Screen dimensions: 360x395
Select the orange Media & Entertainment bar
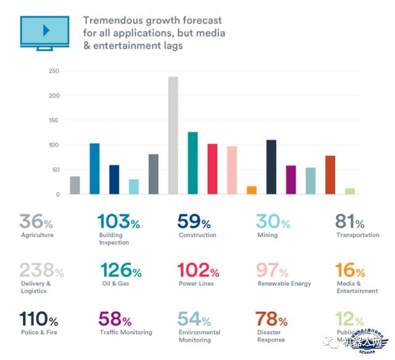[252, 190]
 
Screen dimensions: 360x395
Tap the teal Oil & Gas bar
[193, 163]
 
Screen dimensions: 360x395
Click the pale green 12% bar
[350, 191]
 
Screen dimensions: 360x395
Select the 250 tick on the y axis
[54, 72]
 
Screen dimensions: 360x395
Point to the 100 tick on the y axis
[54, 145]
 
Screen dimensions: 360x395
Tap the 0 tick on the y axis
[57, 195]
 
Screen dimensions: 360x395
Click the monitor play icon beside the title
[44, 30]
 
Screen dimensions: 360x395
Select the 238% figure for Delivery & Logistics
[41, 270]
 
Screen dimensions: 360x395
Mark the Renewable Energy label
[284, 284]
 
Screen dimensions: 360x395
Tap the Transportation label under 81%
[358, 235]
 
